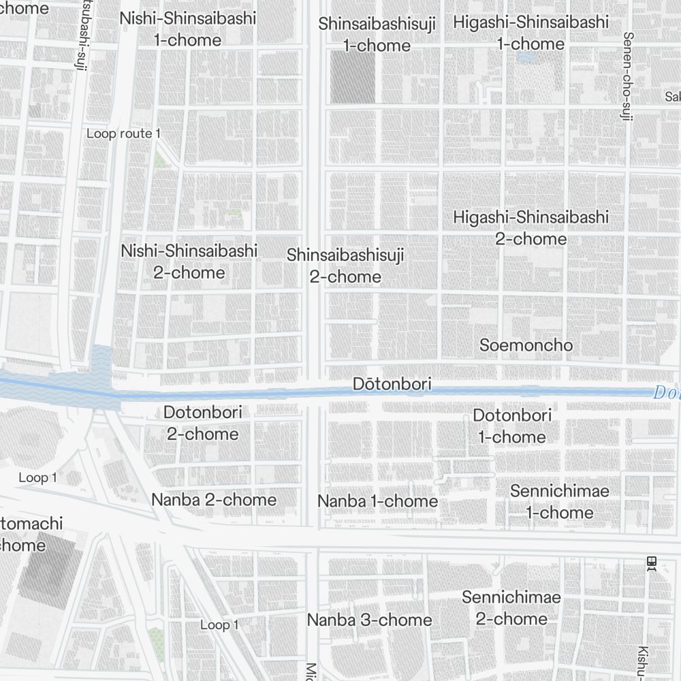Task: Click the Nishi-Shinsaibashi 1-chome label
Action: coord(188,29)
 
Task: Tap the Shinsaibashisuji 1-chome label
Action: coord(377,35)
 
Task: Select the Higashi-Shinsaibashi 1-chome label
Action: coord(530,33)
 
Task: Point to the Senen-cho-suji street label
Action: coord(627,76)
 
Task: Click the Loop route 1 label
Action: coord(123,133)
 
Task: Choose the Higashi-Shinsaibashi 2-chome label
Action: coord(530,228)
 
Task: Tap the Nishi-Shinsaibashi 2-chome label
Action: coord(189,262)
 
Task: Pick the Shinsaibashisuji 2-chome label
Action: coord(345,266)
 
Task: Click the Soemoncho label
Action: coord(526,345)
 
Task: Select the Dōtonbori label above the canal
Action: coord(392,384)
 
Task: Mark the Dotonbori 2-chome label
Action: coord(203,423)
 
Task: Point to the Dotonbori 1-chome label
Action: coord(512,426)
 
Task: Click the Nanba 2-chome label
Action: coord(214,500)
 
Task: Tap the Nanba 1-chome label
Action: coord(377,501)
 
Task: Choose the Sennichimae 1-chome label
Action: coord(559,501)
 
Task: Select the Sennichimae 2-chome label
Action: coord(511,608)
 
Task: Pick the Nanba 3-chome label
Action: coord(369,620)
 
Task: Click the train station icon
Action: coord(652,563)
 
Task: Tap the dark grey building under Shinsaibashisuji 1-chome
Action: coord(353,78)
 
